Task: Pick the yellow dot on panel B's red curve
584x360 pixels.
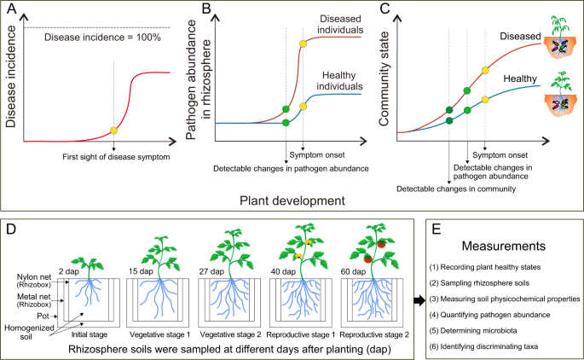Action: [302, 44]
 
